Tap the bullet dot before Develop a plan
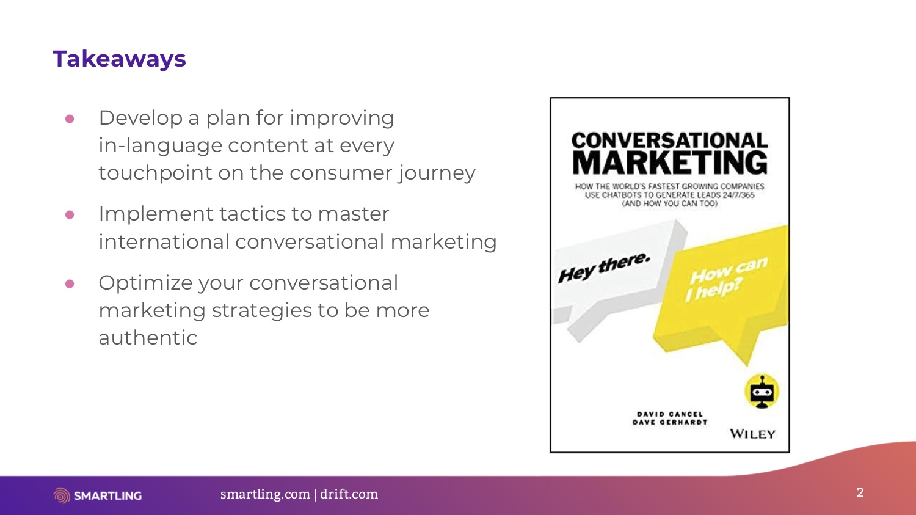(70, 119)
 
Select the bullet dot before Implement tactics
(70, 215)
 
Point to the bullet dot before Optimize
(70, 283)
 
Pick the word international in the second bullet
(164, 241)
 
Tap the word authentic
(148, 338)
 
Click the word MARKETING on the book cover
(670, 163)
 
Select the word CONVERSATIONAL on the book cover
(670, 141)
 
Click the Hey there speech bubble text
(604, 268)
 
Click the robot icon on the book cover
(762, 392)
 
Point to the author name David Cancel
(670, 414)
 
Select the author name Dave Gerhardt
(670, 422)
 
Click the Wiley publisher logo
(752, 434)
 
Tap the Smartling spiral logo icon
(62, 495)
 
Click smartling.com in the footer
(265, 494)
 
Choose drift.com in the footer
(349, 494)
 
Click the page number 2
(860, 492)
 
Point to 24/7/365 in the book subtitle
(738, 195)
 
